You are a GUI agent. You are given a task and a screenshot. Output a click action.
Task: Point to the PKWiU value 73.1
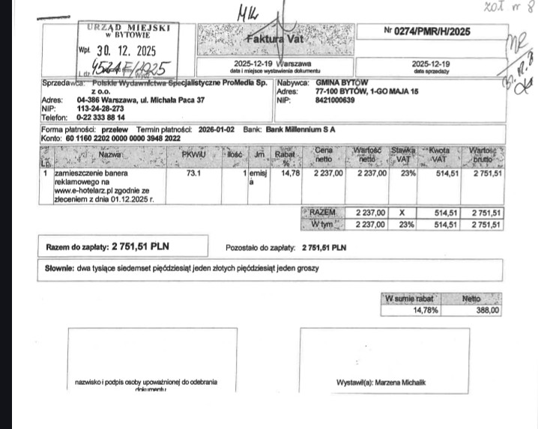point(193,173)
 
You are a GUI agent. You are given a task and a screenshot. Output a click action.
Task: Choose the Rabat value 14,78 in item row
point(289,173)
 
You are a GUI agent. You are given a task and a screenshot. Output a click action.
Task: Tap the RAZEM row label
point(324,213)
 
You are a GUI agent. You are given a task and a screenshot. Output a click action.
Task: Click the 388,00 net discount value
point(488,310)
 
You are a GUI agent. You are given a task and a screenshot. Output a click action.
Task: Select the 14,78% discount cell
point(426,310)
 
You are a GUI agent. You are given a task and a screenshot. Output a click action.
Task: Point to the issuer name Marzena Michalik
point(403,383)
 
